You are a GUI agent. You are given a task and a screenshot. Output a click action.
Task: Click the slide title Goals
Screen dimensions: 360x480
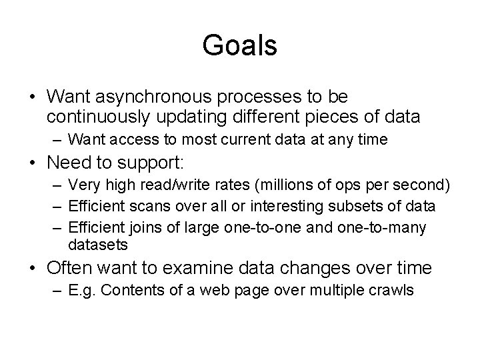click(239, 45)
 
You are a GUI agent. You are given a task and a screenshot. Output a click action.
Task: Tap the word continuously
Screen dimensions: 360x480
click(99, 117)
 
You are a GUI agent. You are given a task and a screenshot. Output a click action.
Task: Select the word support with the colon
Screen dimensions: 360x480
click(165, 163)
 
